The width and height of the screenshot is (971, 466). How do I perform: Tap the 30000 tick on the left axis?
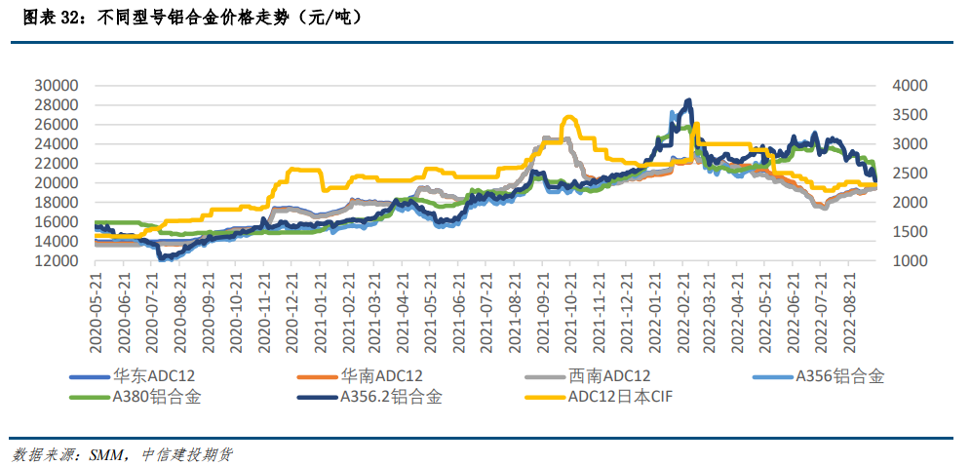click(x=56, y=86)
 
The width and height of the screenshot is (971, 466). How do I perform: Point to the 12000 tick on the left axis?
click(x=56, y=261)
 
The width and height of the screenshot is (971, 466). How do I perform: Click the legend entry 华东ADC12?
click(x=160, y=375)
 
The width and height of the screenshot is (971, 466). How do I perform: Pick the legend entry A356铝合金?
click(x=839, y=375)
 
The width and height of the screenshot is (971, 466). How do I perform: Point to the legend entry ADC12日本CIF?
click(x=620, y=397)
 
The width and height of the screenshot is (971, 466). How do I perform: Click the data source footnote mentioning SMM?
click(x=122, y=454)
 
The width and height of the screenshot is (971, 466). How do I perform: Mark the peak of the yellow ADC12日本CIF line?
click(x=568, y=117)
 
